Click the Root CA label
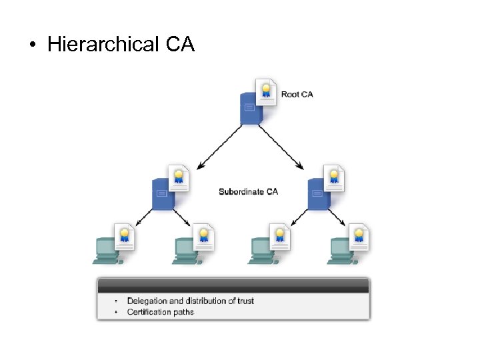[297, 95]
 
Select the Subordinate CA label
[248, 192]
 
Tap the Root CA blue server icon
[251, 111]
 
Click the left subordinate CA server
[162, 195]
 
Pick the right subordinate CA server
[318, 195]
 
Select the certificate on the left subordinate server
[178, 177]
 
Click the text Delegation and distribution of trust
[190, 301]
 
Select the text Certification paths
[160, 311]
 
